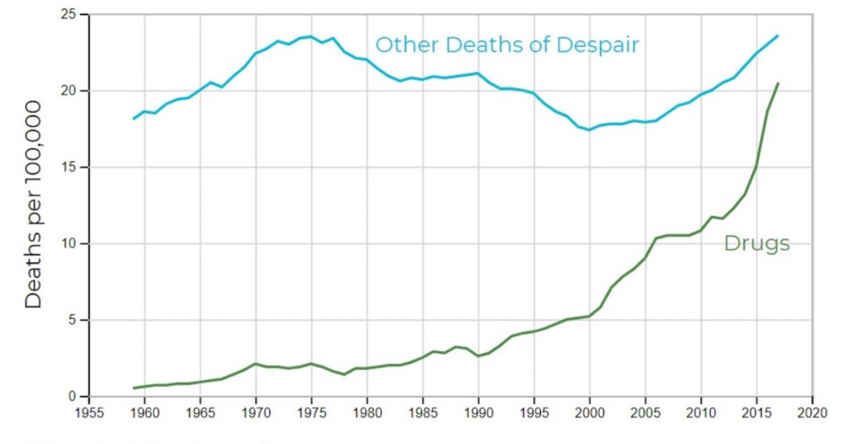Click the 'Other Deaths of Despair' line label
point(507,45)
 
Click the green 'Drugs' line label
point(757,244)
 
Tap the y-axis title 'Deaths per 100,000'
point(34,204)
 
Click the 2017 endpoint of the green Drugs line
point(778,83)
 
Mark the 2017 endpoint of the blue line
point(778,35)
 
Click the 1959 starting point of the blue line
point(132,118)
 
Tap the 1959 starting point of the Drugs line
point(132,388)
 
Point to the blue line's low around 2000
point(589,130)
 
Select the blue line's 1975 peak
point(311,37)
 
